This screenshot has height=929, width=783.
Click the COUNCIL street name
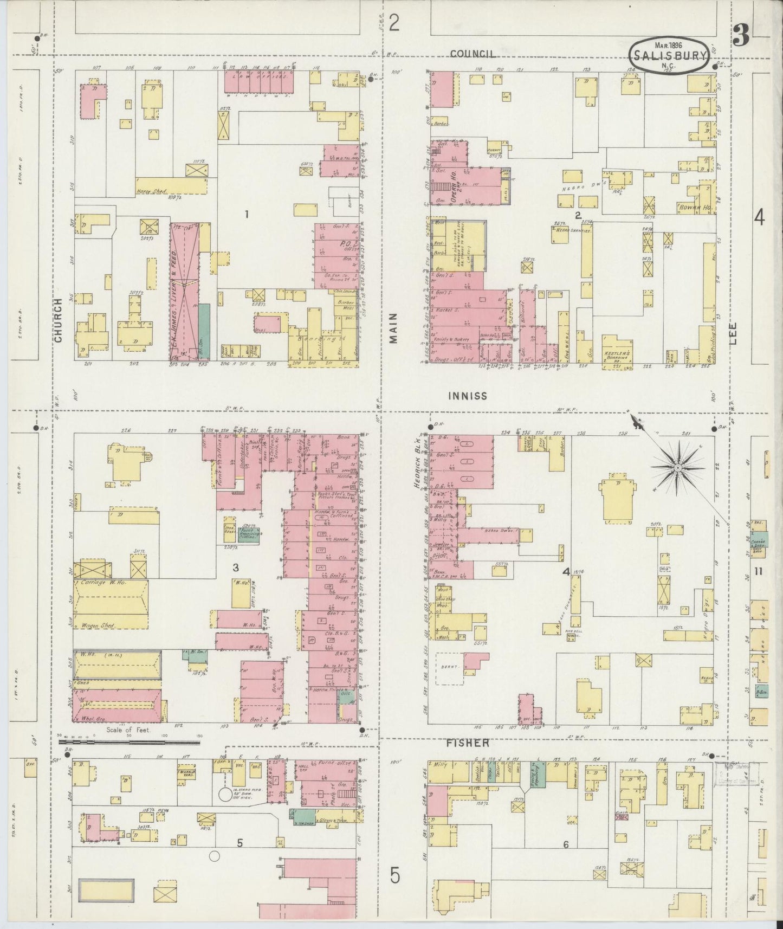[473, 54]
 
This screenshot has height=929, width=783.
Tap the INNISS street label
[468, 396]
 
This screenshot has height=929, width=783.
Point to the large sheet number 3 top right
[741, 36]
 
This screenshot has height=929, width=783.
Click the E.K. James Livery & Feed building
[184, 293]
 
